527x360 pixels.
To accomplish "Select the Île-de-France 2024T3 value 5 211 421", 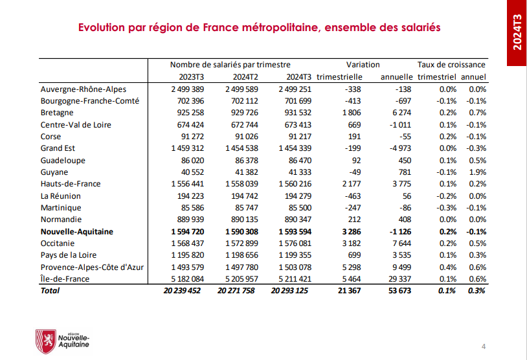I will click(294, 279).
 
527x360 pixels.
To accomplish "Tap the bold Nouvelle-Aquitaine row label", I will click(76, 231).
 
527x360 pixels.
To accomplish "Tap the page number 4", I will click(484, 344).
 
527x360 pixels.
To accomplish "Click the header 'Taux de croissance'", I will click(451, 65).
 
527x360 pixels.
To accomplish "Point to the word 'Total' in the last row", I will click(50, 291).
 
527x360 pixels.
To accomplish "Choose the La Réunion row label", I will click(61, 196).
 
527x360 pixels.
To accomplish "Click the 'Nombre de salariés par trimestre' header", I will click(230, 65).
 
